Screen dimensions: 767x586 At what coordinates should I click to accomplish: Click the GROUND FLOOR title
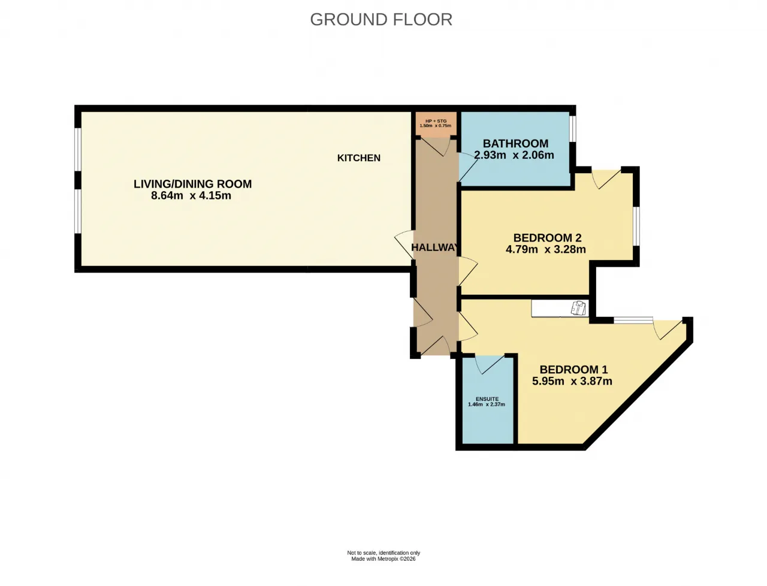click(x=381, y=20)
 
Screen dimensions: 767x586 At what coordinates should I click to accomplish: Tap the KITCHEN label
click(x=359, y=158)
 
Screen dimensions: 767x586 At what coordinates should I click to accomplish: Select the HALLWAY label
click(x=434, y=247)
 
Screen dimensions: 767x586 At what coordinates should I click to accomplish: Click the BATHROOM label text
click(x=515, y=144)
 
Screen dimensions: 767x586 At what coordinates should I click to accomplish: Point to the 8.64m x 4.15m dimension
click(x=191, y=195)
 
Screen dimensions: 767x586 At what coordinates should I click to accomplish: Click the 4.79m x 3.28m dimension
click(x=546, y=249)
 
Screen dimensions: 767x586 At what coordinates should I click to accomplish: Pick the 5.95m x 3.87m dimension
click(x=572, y=381)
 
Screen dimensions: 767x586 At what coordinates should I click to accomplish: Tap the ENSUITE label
click(x=487, y=399)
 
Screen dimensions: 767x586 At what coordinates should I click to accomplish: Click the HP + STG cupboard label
click(x=436, y=121)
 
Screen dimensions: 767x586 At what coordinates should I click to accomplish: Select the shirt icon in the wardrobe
click(x=579, y=308)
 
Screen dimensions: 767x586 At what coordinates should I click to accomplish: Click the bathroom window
click(x=573, y=129)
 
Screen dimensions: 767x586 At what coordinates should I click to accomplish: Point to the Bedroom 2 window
click(x=636, y=225)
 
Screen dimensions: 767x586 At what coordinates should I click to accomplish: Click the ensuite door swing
click(x=489, y=365)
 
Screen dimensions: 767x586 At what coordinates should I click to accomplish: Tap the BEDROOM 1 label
click(x=574, y=369)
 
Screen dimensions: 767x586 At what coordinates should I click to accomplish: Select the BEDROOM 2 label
click(x=547, y=238)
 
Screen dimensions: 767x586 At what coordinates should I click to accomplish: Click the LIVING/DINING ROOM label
click(x=192, y=184)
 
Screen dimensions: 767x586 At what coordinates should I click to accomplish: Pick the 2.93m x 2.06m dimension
click(x=514, y=155)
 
